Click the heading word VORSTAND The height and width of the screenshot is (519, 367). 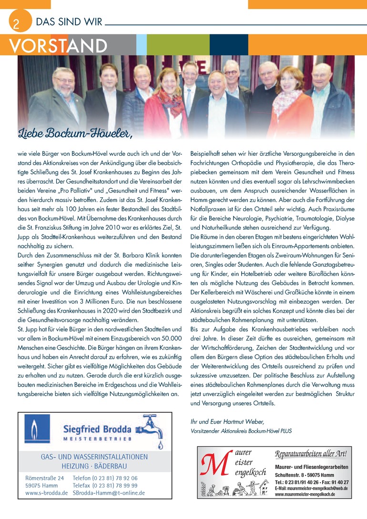pyautogui.click(x=58, y=46)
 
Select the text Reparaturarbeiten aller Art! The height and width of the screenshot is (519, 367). pyautogui.click(x=312, y=453)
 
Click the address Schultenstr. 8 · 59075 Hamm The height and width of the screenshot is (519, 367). pyautogui.click(x=306, y=475)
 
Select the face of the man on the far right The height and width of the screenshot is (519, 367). pyautogui.click(x=322, y=76)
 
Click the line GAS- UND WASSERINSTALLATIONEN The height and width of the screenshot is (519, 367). pyautogui.click(x=94, y=457)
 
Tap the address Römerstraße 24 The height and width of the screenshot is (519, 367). pyautogui.click(x=44, y=478)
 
